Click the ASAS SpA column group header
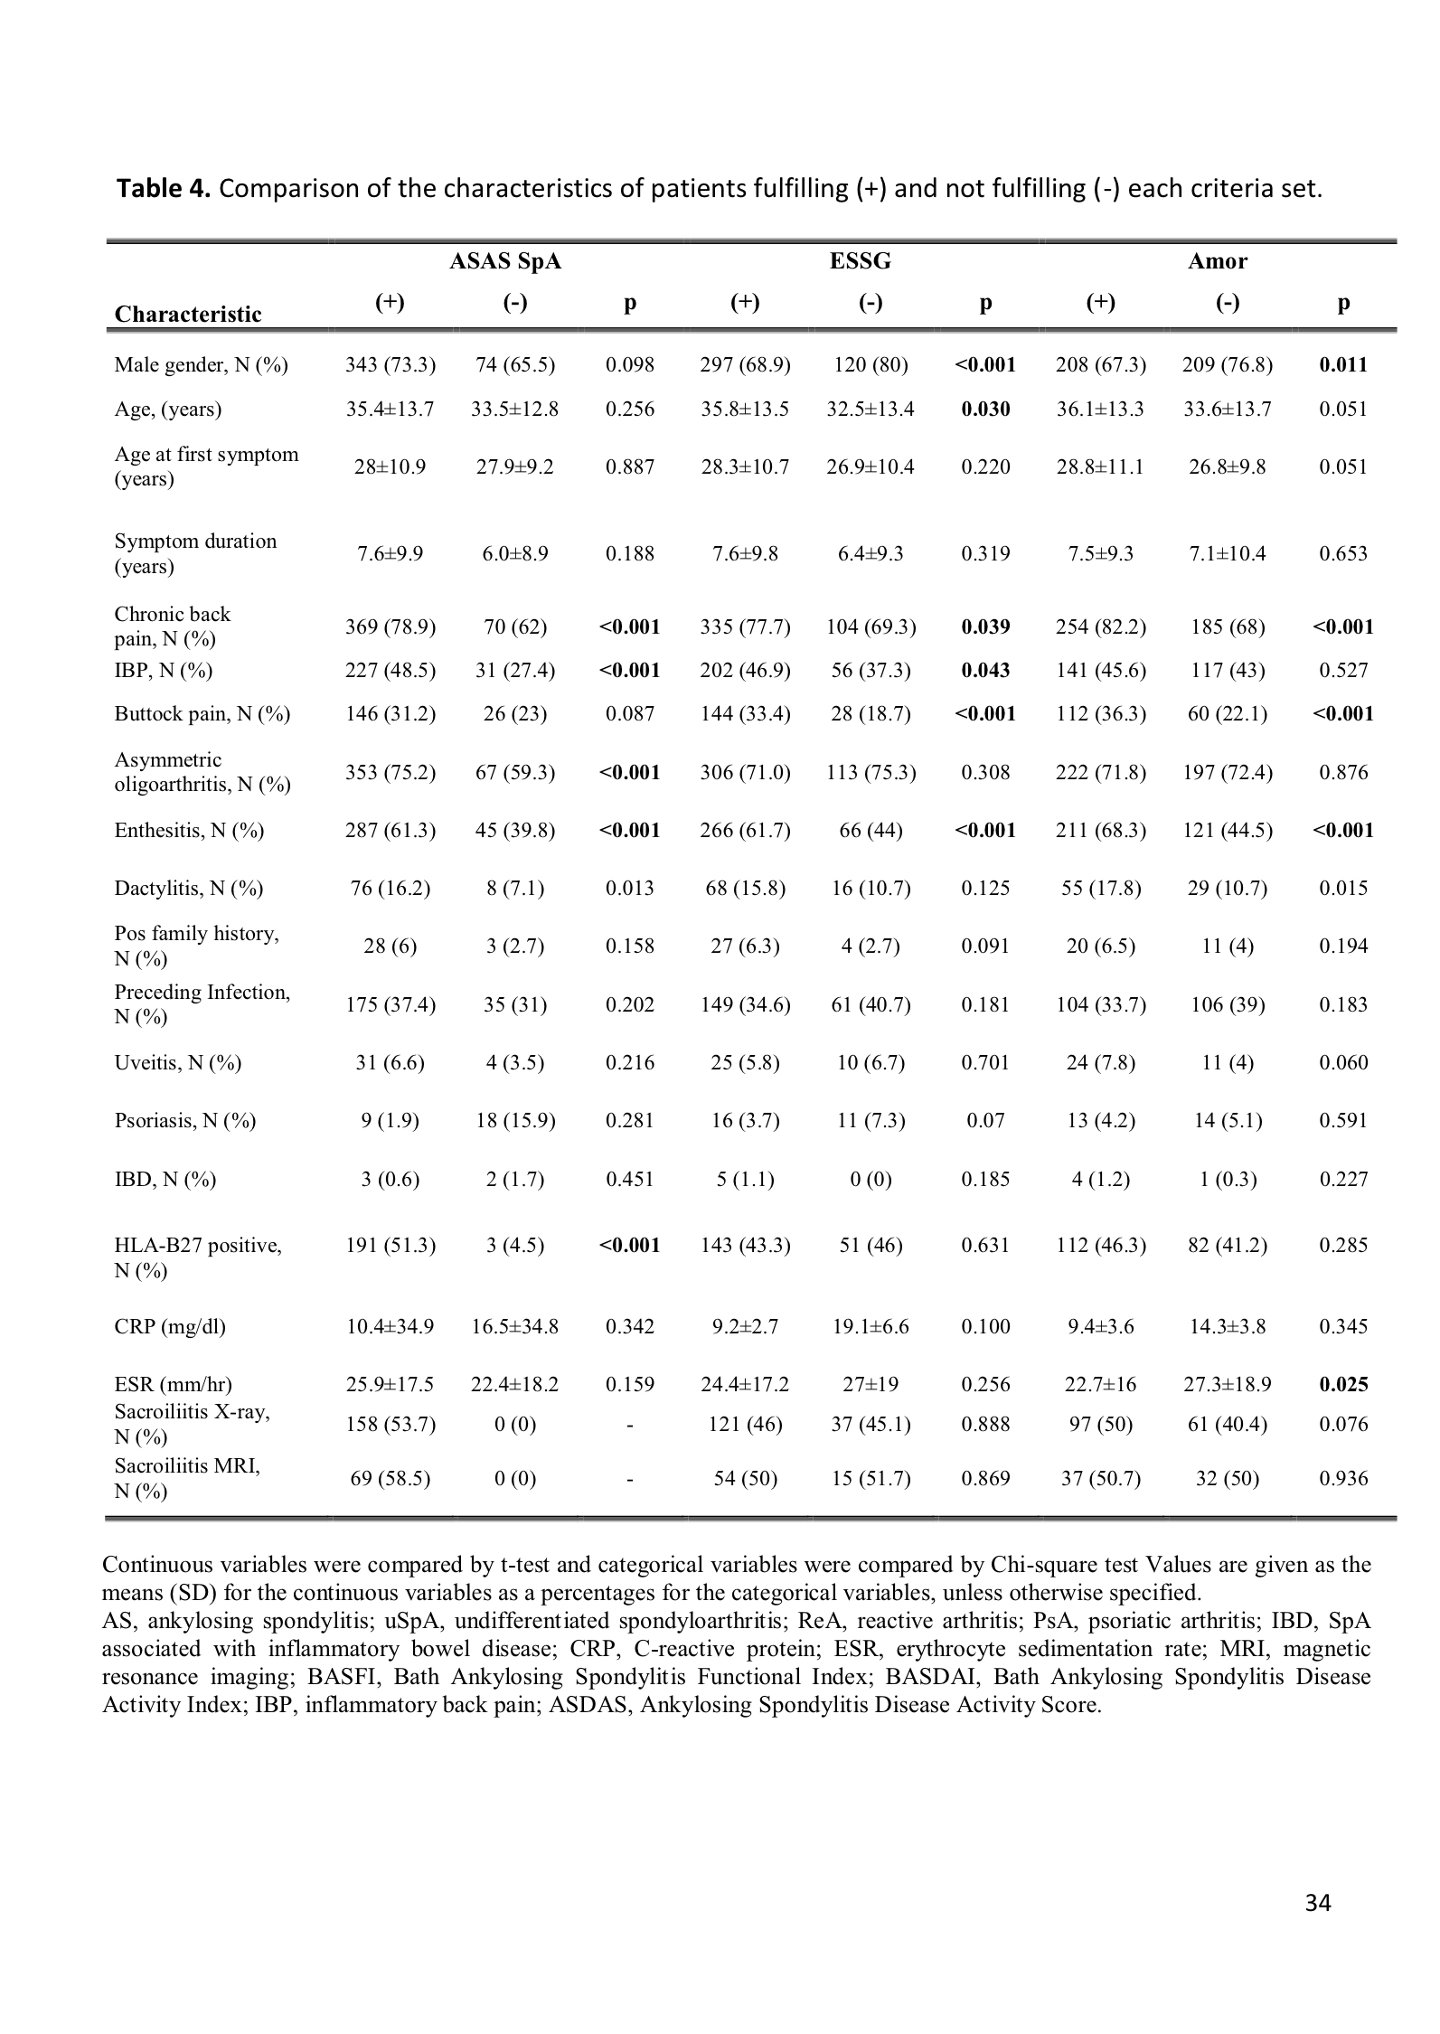point(505,261)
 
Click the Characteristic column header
point(188,314)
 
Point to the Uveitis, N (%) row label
point(178,1062)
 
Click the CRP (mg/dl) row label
point(170,1326)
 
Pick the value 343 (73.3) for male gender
point(391,365)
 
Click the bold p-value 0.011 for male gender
point(1342,365)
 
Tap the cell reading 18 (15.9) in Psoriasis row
point(515,1121)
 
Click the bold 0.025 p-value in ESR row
point(1342,1384)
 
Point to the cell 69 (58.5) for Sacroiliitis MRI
point(391,1479)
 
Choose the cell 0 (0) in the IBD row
point(870,1179)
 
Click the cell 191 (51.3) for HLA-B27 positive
point(391,1245)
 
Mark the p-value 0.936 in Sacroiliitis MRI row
point(1342,1479)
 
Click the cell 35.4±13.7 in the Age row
point(391,409)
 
